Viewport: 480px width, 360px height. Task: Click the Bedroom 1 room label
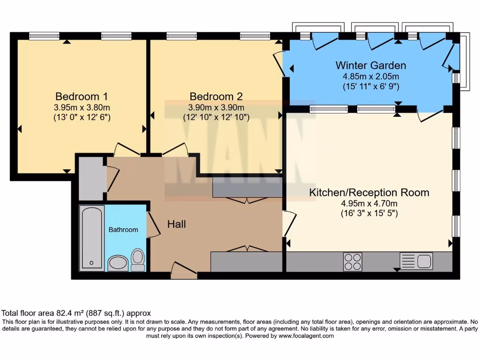82,97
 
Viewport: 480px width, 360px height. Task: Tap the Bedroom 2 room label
216,97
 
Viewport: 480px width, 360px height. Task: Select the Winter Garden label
370,65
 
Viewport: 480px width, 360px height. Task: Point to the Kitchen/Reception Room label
369,192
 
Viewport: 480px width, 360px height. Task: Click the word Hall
177,225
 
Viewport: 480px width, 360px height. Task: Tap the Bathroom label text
123,230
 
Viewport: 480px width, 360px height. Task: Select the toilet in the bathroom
138,260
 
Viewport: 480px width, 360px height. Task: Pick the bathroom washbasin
118,263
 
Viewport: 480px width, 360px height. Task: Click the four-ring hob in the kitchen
352,262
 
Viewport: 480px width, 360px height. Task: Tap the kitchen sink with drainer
416,261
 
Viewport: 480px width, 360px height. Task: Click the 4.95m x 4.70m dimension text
369,203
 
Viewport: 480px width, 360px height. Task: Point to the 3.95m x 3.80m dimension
82,107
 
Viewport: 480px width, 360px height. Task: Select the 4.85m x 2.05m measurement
370,76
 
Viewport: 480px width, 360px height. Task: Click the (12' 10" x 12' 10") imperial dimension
216,117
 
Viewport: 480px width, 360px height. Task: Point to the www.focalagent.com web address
306,336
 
